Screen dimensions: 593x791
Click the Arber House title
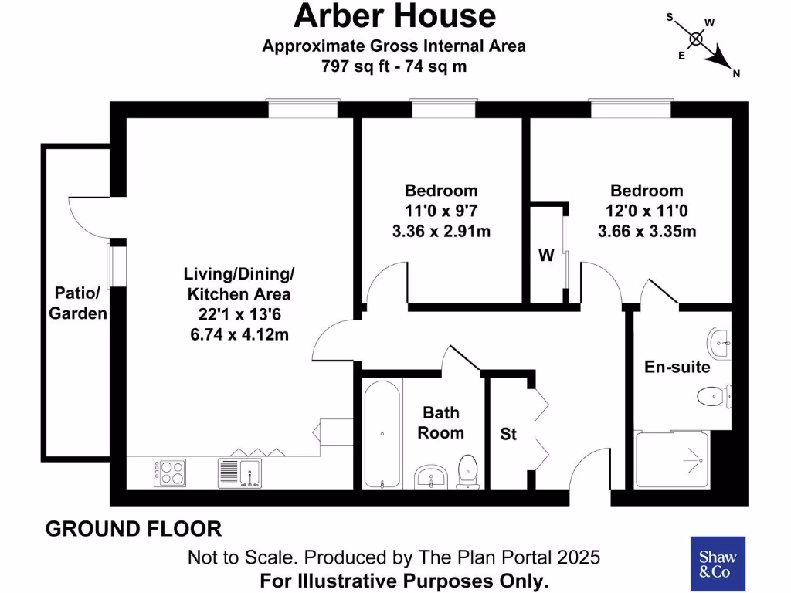tap(394, 16)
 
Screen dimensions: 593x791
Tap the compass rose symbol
tap(697, 39)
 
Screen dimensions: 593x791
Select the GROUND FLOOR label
tap(134, 529)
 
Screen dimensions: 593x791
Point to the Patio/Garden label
tap(78, 303)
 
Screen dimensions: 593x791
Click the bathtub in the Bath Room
tap(382, 433)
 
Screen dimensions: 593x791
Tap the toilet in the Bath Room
tap(467, 472)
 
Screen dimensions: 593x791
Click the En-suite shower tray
tap(672, 459)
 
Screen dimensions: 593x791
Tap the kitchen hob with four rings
tap(169, 471)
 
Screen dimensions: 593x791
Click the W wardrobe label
tap(546, 256)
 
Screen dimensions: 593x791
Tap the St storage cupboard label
tap(508, 434)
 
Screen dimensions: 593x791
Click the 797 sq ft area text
tap(394, 66)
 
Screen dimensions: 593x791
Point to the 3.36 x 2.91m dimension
tap(442, 231)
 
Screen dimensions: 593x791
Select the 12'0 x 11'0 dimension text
tap(647, 211)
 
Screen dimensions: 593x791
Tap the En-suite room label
tap(677, 367)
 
